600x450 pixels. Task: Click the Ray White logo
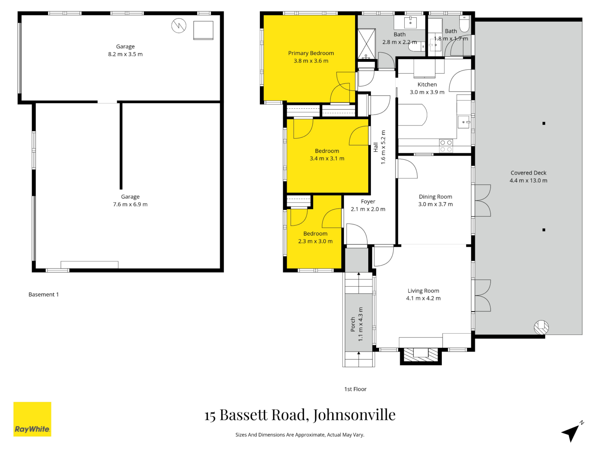click(32, 419)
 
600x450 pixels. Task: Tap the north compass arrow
click(571, 433)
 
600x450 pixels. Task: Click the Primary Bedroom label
click(311, 53)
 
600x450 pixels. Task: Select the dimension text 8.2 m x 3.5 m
click(125, 54)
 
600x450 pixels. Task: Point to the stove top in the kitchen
click(446, 146)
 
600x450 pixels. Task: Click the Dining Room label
click(435, 197)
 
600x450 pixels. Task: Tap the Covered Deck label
click(528, 173)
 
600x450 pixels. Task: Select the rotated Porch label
click(353, 324)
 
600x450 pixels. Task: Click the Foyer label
click(368, 202)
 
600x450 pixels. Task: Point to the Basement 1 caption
click(43, 295)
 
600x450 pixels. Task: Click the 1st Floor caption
click(355, 389)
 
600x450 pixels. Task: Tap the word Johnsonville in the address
click(354, 415)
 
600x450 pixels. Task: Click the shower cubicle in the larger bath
click(366, 44)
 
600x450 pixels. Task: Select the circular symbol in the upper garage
click(179, 26)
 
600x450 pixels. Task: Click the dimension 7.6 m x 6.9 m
click(130, 205)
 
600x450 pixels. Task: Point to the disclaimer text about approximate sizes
click(300, 435)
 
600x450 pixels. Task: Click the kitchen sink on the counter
click(463, 123)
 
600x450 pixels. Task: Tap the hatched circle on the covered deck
click(541, 327)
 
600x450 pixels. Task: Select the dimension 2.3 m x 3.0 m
click(315, 241)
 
